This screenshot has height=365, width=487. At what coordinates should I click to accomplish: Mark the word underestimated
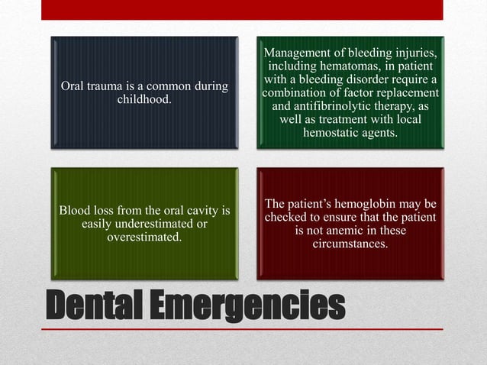pyautogui.click(x=153, y=224)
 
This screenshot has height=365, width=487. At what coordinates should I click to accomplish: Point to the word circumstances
pyautogui.click(x=350, y=245)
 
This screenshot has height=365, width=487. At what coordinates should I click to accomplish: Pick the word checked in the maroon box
pyautogui.click(x=286, y=218)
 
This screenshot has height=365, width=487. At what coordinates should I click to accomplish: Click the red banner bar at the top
pyautogui.click(x=242, y=9)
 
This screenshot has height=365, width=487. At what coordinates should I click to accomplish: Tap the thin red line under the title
pyautogui.click(x=242, y=329)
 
